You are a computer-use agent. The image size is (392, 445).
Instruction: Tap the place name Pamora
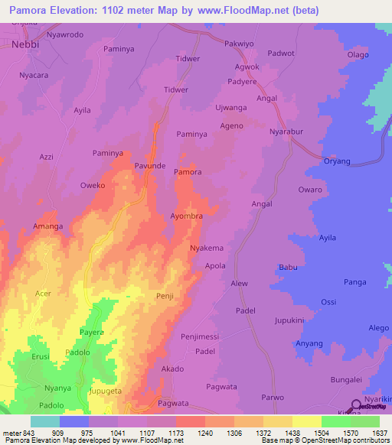pos(188,172)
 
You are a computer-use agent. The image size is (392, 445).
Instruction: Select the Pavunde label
pos(150,165)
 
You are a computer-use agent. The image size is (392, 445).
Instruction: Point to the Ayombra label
pos(186,216)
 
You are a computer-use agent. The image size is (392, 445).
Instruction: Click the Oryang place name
pos(336,161)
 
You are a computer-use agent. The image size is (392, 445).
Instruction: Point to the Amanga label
pos(47,227)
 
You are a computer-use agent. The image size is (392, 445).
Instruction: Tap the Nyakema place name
pos(206,248)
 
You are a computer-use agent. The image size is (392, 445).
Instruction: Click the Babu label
pos(288,267)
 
